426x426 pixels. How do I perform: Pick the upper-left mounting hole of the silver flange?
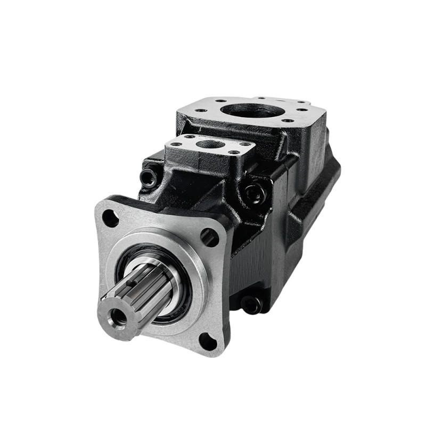110,217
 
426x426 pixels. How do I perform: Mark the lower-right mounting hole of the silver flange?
208,341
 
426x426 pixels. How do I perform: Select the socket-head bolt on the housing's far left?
150,176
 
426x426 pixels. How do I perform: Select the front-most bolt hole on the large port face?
288,120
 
